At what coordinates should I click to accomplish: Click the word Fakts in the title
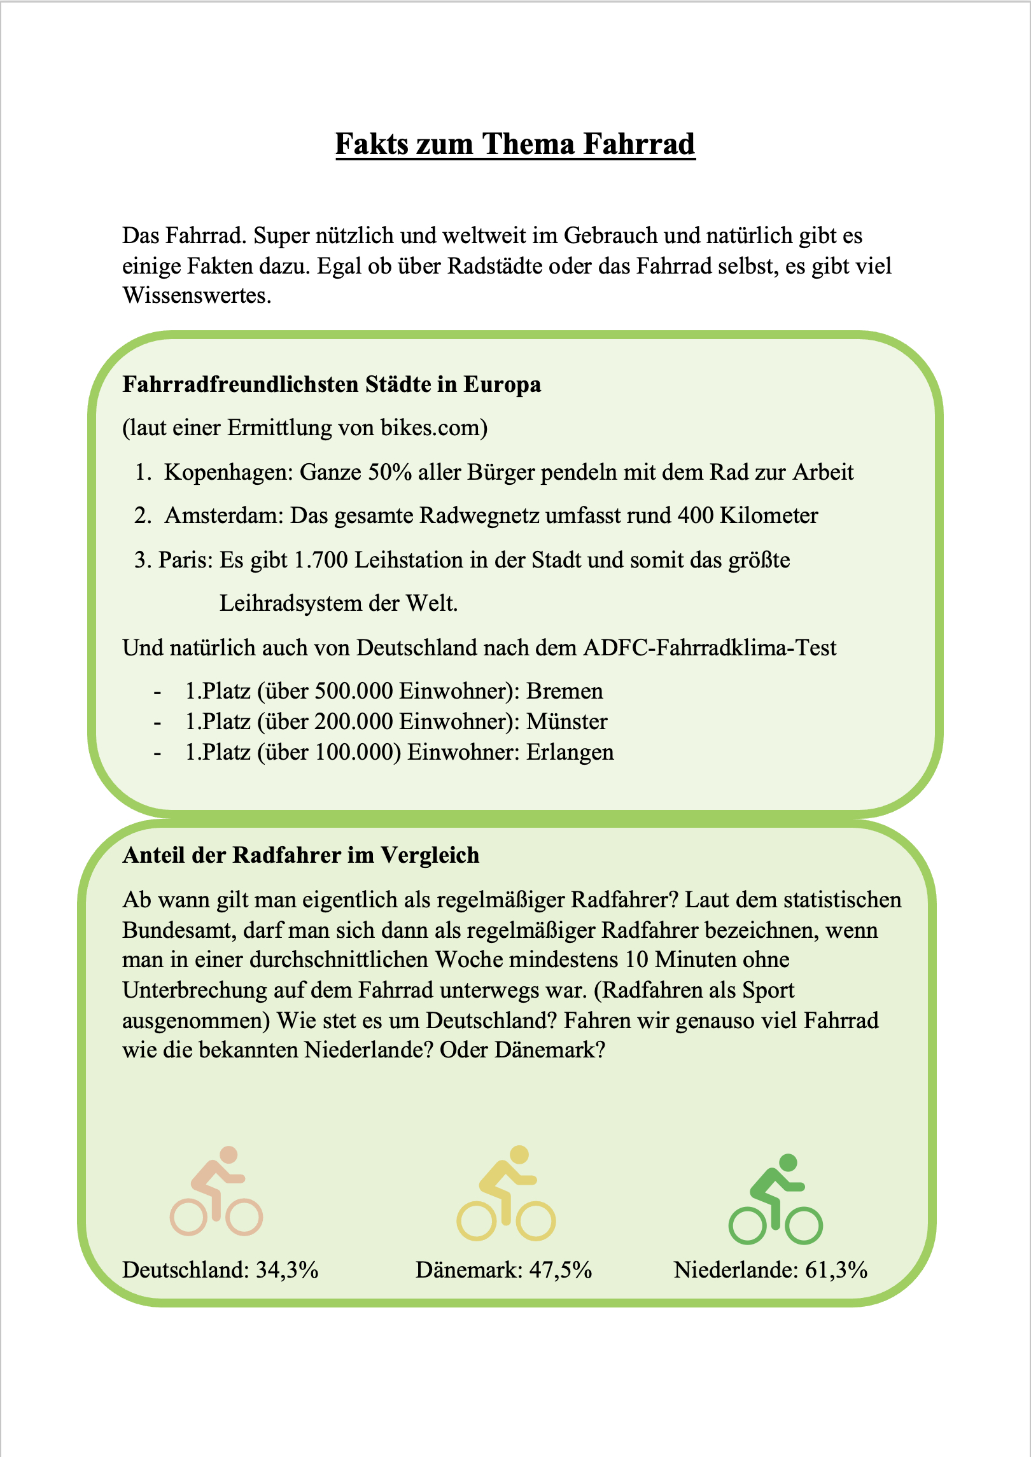tap(372, 144)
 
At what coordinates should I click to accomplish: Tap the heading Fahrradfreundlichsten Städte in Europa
tap(332, 384)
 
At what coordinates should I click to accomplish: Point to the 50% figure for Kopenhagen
tap(389, 473)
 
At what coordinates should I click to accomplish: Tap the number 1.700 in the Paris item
tap(321, 561)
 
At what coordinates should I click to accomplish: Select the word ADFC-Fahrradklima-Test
tap(710, 648)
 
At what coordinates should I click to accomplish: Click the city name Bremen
tap(565, 692)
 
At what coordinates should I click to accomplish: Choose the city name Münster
tap(567, 722)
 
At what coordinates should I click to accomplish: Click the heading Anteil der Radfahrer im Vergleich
tap(300, 856)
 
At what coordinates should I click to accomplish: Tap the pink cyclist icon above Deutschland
tap(216, 1192)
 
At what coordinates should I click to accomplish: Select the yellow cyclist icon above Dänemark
tap(506, 1194)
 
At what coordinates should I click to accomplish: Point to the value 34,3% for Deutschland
tap(286, 1271)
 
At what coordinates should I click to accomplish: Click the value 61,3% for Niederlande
tap(836, 1271)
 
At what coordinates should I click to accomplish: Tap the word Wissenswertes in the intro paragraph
tap(197, 296)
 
